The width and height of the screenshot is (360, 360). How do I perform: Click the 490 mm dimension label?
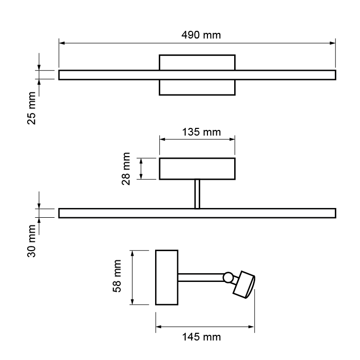point(201,35)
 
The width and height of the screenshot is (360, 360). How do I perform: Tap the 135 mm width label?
point(201,132)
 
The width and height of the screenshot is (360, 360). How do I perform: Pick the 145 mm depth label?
point(201,337)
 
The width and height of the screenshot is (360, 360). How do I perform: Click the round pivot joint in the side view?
point(228,278)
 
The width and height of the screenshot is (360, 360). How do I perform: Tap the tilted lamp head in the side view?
point(244,285)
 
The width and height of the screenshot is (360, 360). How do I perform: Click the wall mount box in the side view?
point(166,277)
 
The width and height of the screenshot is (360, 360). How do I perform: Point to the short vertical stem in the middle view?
point(197,194)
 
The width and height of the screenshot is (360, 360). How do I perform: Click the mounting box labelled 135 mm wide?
point(197,168)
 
